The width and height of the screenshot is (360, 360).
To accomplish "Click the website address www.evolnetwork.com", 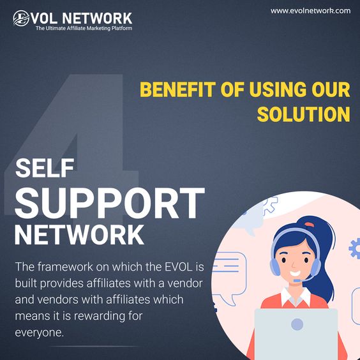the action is click(310, 11).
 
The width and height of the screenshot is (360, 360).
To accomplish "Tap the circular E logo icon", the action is click(21, 18).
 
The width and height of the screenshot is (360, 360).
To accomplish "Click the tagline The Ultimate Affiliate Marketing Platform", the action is click(84, 28).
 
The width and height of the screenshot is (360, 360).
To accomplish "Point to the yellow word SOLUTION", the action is click(304, 114).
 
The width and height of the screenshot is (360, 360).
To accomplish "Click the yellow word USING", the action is click(278, 89).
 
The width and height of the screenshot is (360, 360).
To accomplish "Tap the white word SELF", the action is click(45, 168).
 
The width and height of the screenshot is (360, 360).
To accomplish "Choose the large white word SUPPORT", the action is click(109, 203).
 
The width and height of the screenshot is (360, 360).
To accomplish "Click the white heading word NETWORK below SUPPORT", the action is click(79, 235).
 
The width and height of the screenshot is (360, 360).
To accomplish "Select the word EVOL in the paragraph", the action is click(179, 267).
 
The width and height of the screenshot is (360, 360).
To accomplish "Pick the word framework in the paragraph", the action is click(66, 267).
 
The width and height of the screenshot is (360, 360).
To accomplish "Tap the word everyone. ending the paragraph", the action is click(40, 333).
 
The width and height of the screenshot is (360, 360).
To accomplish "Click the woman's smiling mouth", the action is click(295, 274).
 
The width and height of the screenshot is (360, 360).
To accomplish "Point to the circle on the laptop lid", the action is click(297, 324).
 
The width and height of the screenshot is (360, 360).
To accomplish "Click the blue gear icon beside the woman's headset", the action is click(355, 248).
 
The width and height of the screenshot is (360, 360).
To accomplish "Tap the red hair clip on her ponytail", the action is click(309, 224).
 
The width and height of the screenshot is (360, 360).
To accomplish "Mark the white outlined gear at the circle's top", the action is click(270, 206).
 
